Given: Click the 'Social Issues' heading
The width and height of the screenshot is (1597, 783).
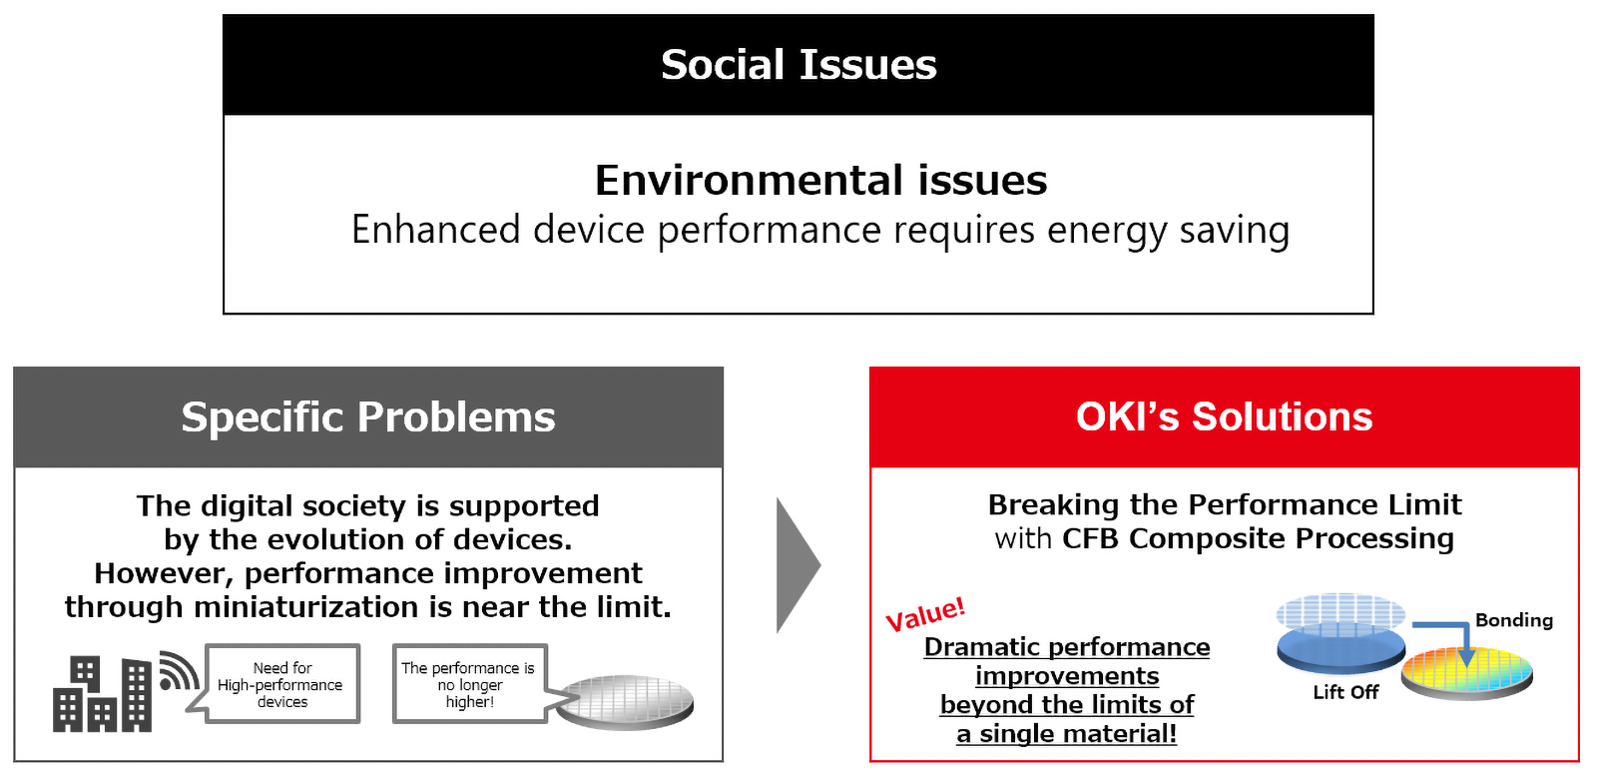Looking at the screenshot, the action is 798,64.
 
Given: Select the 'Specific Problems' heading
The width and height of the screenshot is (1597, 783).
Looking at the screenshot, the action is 368,417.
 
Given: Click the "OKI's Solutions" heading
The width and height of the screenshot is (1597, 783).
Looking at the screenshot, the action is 1224,416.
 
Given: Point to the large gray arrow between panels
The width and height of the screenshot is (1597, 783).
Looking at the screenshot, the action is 798,565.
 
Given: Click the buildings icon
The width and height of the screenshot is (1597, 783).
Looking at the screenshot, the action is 102,694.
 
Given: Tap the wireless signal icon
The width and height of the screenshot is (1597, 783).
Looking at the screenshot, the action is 179,670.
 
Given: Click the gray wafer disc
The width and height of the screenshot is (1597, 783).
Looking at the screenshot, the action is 625,702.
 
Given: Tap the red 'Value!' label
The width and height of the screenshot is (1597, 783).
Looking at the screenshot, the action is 925,614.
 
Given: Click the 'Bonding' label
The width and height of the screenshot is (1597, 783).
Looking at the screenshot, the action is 1513,619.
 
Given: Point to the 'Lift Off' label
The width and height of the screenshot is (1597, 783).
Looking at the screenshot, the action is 1345,692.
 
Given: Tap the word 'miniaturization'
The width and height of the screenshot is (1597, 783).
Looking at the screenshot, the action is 305,607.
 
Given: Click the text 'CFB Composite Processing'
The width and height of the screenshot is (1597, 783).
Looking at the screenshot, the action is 1258,538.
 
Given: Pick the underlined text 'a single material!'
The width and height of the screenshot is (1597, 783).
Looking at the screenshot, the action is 1067,733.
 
